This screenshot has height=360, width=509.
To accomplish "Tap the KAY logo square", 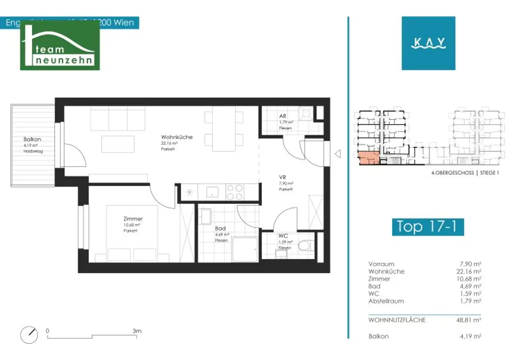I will tap(428, 43).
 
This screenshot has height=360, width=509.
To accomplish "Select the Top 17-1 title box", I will tap(427, 226).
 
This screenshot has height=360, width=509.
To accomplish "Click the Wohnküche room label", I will tap(176, 137).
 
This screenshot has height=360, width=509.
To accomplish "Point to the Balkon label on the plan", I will tap(32, 140).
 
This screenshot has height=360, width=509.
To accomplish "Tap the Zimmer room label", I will tap(133, 219).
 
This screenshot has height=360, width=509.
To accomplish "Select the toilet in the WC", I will tap(305, 245).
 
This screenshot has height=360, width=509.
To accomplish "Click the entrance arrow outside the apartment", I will tap(338, 154).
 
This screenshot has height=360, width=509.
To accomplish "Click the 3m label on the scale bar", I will tap(137, 331).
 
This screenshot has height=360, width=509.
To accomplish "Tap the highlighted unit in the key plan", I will tap(368, 158).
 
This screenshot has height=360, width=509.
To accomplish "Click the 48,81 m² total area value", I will tap(470, 320).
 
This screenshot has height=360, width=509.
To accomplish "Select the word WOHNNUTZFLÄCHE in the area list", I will tap(397, 320).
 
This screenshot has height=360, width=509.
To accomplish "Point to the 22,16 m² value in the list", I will tap(470, 271).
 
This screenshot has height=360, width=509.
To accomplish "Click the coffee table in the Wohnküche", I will tap(118, 144).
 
